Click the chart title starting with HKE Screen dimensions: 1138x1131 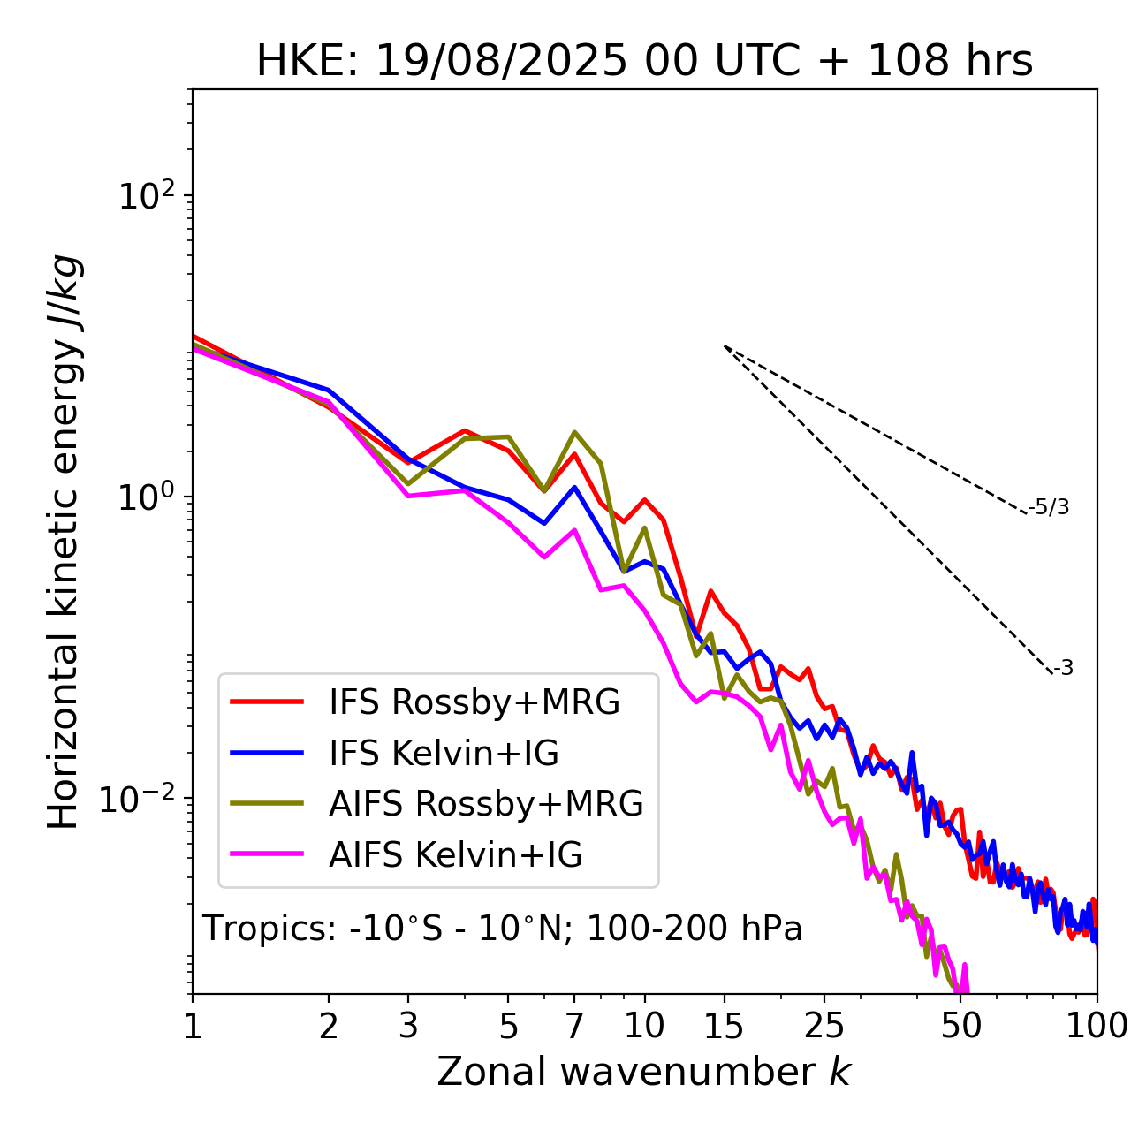pyautogui.click(x=644, y=62)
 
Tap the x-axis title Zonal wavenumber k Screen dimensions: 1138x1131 pyautogui.click(x=643, y=1071)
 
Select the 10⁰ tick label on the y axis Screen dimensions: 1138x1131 pyautogui.click(x=146, y=497)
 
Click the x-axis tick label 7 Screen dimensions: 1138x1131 pyautogui.click(x=574, y=1026)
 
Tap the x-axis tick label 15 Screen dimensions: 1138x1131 pyautogui.click(x=724, y=1026)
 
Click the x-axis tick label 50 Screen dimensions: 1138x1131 pyautogui.click(x=960, y=1026)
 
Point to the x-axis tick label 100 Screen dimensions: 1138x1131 pyautogui.click(x=1097, y=1026)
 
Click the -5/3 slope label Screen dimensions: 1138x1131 pyautogui.click(x=1049, y=507)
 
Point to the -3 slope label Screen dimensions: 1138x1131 pyautogui.click(x=1063, y=669)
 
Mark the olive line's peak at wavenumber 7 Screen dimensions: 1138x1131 pyautogui.click(x=574, y=432)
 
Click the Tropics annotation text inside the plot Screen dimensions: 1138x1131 pyautogui.click(x=502, y=929)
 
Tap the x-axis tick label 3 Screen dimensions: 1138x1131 pyautogui.click(x=408, y=1026)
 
